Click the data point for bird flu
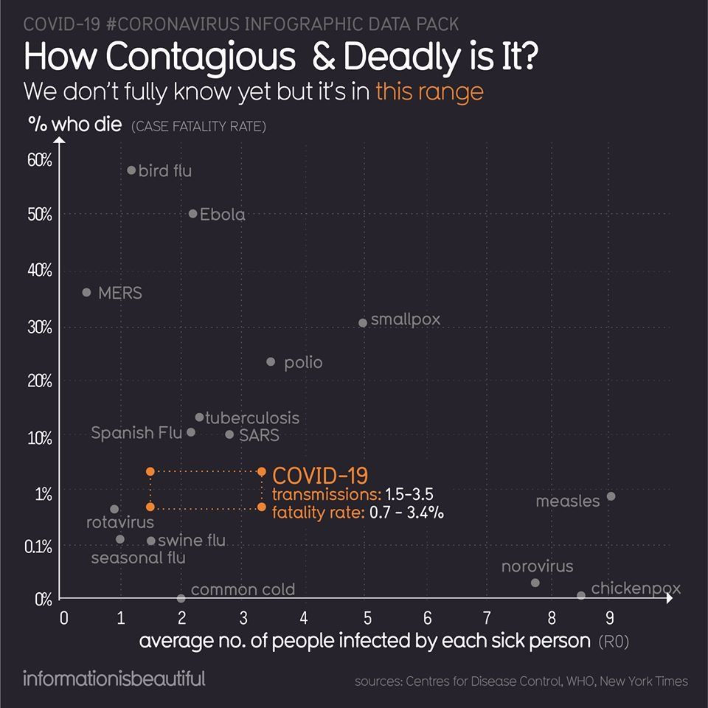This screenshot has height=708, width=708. click(x=131, y=170)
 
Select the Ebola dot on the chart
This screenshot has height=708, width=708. click(x=193, y=214)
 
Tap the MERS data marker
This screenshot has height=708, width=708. click(x=86, y=293)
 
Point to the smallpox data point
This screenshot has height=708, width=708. click(x=363, y=323)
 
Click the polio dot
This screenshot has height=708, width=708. click(x=271, y=362)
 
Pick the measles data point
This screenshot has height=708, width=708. click(x=611, y=496)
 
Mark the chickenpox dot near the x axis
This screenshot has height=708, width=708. click(x=581, y=595)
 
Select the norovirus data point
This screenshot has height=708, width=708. click(x=535, y=583)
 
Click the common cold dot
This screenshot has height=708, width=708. click(x=181, y=598)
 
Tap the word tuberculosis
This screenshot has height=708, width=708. click(x=252, y=418)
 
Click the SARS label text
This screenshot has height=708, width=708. click(x=259, y=435)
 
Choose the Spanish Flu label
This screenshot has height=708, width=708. click(x=136, y=433)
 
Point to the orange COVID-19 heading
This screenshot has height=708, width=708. click(x=321, y=475)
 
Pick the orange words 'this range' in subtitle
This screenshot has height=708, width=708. click(x=429, y=92)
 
